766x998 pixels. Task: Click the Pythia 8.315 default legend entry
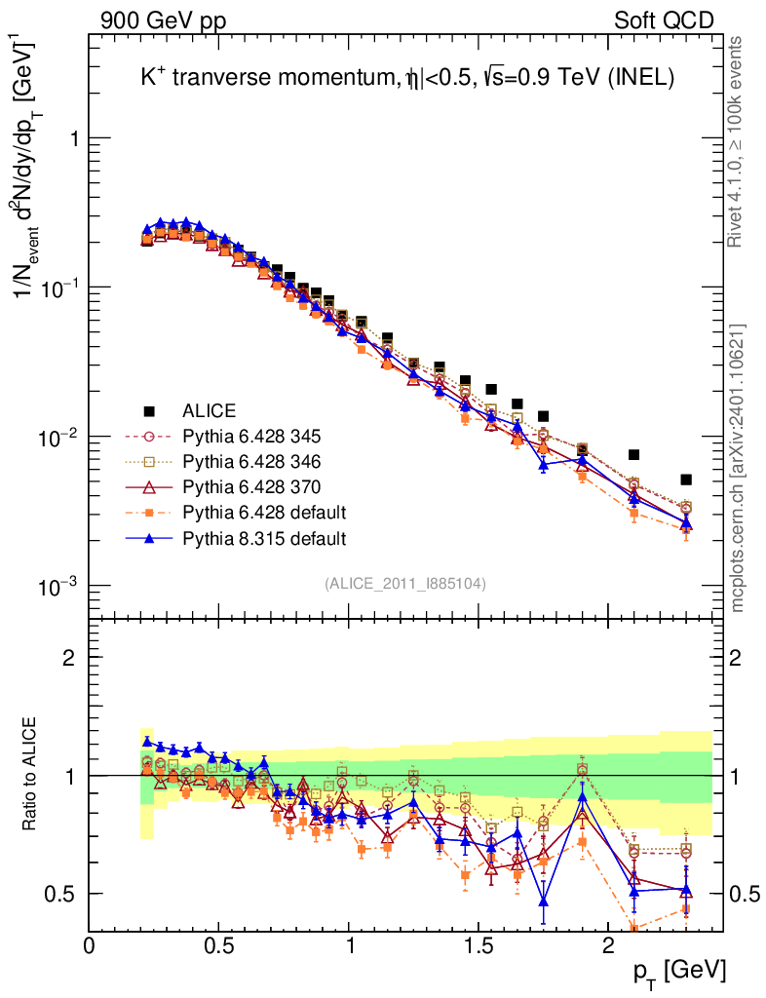pos(264,537)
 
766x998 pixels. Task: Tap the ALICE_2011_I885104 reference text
pos(405,583)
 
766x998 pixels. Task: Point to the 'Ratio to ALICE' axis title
pos(32,775)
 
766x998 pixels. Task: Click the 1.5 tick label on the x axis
pos(479,944)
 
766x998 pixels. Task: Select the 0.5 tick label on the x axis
pos(219,944)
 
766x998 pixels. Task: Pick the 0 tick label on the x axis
pos(90,944)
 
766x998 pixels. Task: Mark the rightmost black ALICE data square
pos(686,480)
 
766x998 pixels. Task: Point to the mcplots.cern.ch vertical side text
pos(737,468)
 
